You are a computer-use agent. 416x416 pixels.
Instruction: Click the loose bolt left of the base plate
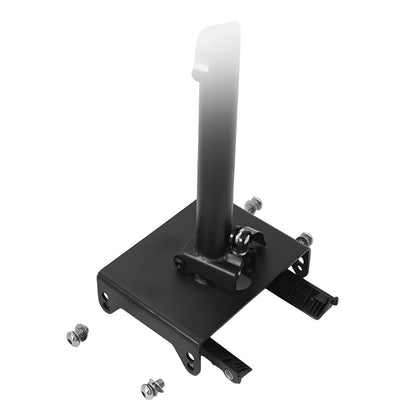(74, 338)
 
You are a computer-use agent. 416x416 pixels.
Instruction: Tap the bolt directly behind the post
(252, 205)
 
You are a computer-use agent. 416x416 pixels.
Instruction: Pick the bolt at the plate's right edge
(303, 239)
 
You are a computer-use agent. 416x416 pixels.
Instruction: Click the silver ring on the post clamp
(242, 238)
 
